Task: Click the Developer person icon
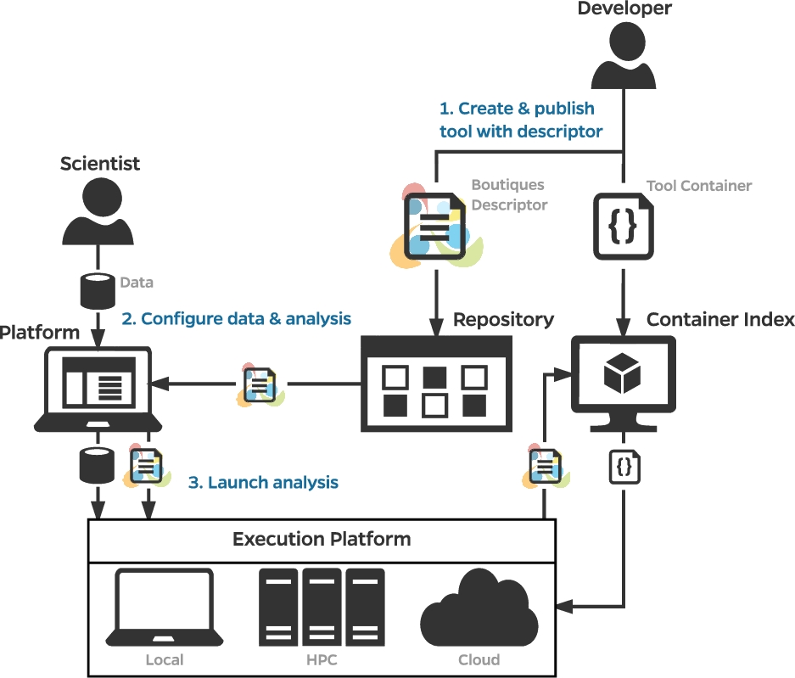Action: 623,56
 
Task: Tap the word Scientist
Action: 100,163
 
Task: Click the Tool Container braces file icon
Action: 623,227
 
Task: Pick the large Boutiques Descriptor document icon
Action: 435,227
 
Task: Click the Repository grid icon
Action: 436,384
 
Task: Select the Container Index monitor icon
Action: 623,384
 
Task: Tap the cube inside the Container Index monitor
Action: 623,373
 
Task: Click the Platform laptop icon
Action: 98,389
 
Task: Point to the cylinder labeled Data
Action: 98,291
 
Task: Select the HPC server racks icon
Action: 322,607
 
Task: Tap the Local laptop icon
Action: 165,607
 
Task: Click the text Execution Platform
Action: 322,539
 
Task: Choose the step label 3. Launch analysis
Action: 263,482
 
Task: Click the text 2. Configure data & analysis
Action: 236,318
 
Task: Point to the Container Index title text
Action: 720,319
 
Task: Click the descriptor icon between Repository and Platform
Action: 260,385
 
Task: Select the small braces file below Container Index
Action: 624,467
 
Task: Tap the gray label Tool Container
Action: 698,186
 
